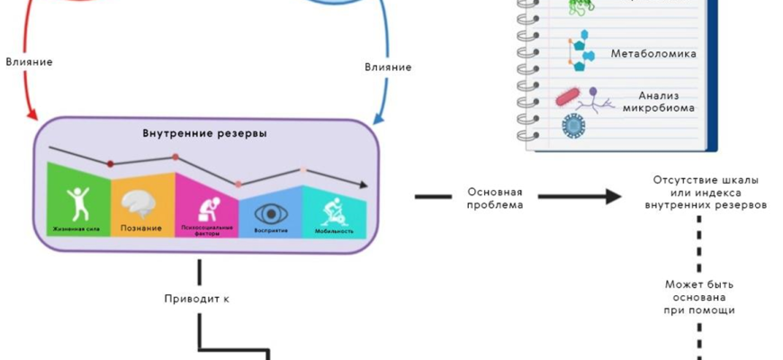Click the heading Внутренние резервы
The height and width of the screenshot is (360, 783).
pos(204,134)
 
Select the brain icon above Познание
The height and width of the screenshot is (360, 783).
pos(141,203)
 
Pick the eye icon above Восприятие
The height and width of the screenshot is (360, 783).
pos(269,213)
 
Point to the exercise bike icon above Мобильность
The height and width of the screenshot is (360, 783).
pos(332,211)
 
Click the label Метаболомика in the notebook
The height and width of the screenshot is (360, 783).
pos(653,54)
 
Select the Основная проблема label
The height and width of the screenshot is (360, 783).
pos(495,197)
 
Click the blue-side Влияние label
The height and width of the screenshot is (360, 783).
pos(388,67)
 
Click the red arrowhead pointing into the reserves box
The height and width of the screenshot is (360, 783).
pos(33,116)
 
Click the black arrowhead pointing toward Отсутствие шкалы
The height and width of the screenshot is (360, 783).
pos(615,196)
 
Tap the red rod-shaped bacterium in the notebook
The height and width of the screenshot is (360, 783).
pos(569,94)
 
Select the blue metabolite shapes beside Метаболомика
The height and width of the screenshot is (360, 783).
pos(580,53)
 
